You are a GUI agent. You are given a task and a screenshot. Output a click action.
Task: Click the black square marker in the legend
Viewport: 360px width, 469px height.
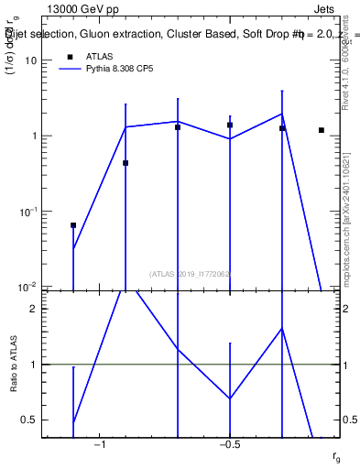[69, 56]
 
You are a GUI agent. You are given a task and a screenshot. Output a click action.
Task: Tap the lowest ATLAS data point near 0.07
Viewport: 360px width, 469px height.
[73, 224]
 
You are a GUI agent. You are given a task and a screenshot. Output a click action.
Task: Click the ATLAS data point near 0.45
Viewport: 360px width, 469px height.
[125, 163]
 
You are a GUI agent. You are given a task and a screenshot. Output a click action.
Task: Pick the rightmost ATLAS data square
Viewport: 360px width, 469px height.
[322, 130]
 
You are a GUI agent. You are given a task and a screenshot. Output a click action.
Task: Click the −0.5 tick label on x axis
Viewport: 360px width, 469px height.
[229, 445]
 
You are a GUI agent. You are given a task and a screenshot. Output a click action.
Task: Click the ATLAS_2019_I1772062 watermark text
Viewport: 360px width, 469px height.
[190, 273]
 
